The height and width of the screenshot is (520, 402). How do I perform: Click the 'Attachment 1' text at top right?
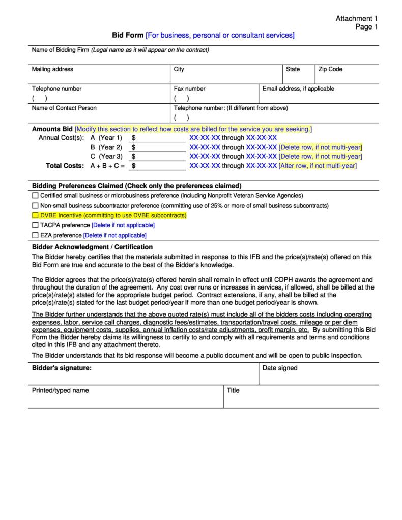(x=356, y=19)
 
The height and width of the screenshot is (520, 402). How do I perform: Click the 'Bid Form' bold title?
(x=128, y=35)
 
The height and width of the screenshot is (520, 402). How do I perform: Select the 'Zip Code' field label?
(x=331, y=69)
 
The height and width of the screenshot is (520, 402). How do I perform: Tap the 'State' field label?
(x=293, y=69)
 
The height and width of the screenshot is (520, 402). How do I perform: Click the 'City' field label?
(x=179, y=69)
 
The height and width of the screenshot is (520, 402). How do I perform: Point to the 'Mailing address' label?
(x=52, y=69)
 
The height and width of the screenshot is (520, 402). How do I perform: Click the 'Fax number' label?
(x=189, y=89)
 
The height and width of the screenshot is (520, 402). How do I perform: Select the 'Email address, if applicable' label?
(x=298, y=89)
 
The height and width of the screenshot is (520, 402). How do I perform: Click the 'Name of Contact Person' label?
(x=64, y=108)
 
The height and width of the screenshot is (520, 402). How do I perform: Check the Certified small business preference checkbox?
(x=35, y=196)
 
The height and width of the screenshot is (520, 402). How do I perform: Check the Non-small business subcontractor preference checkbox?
(x=35, y=206)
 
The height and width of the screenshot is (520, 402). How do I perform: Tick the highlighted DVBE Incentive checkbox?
(x=35, y=216)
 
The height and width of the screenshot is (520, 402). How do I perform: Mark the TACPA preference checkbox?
(x=35, y=225)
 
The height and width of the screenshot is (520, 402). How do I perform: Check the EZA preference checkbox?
(x=35, y=235)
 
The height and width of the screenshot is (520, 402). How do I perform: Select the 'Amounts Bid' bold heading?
(x=52, y=129)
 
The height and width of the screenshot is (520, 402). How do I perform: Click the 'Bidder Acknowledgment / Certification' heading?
(x=92, y=247)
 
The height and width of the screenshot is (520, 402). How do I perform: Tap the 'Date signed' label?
(x=280, y=368)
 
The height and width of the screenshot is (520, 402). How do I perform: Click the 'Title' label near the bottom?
(x=233, y=390)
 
